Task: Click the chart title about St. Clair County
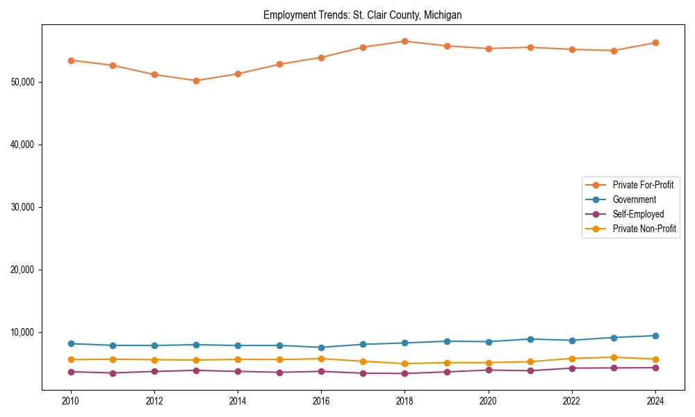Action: pyautogui.click(x=362, y=15)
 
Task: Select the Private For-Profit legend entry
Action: pyautogui.click(x=643, y=185)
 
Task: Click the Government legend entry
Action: pyautogui.click(x=634, y=199)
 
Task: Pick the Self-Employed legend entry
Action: pyautogui.click(x=638, y=214)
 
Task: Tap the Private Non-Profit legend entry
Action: pyautogui.click(x=644, y=229)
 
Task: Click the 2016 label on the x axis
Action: pyautogui.click(x=321, y=401)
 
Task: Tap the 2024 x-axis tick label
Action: pyautogui.click(x=655, y=401)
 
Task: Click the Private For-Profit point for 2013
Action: pyautogui.click(x=196, y=81)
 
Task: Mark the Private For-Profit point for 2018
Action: pyautogui.click(x=404, y=41)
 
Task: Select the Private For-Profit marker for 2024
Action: pyautogui.click(x=655, y=42)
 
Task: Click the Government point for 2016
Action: pyautogui.click(x=321, y=347)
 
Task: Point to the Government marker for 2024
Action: pyautogui.click(x=655, y=336)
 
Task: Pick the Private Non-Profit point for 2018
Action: pyautogui.click(x=404, y=363)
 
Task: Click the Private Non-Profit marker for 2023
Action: pyautogui.click(x=613, y=357)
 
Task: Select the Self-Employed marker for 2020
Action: pyautogui.click(x=488, y=370)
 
